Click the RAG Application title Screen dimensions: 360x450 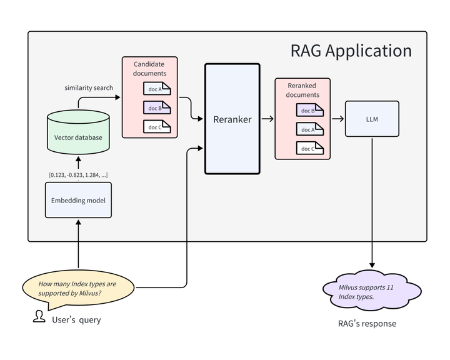point(351,51)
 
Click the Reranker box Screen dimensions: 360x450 point(232,119)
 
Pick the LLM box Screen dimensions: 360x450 point(372,119)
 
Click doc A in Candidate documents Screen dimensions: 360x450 point(157,89)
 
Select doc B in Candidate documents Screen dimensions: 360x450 point(157,107)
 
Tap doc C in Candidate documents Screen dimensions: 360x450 point(157,126)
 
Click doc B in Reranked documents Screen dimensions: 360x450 point(309,111)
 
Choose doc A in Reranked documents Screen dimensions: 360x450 point(309,129)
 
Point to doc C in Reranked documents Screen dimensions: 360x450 point(309,148)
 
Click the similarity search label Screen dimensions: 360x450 point(89,87)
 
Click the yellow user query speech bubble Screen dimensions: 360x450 point(78,288)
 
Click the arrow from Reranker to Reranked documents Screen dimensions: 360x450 point(267,119)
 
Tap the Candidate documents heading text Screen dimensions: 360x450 point(150,69)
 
